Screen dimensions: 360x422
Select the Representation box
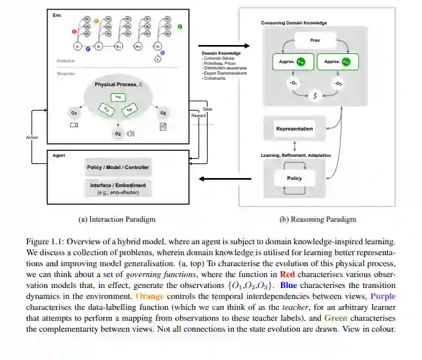(294, 129)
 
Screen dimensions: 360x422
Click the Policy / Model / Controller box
(118, 168)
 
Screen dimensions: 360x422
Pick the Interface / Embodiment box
(118, 187)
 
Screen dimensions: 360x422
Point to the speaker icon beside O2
(131, 134)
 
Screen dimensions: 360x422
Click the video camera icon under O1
(73, 125)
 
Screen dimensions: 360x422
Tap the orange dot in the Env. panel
(96, 21)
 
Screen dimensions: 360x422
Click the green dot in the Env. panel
(179, 26)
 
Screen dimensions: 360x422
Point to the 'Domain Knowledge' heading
(221, 53)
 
